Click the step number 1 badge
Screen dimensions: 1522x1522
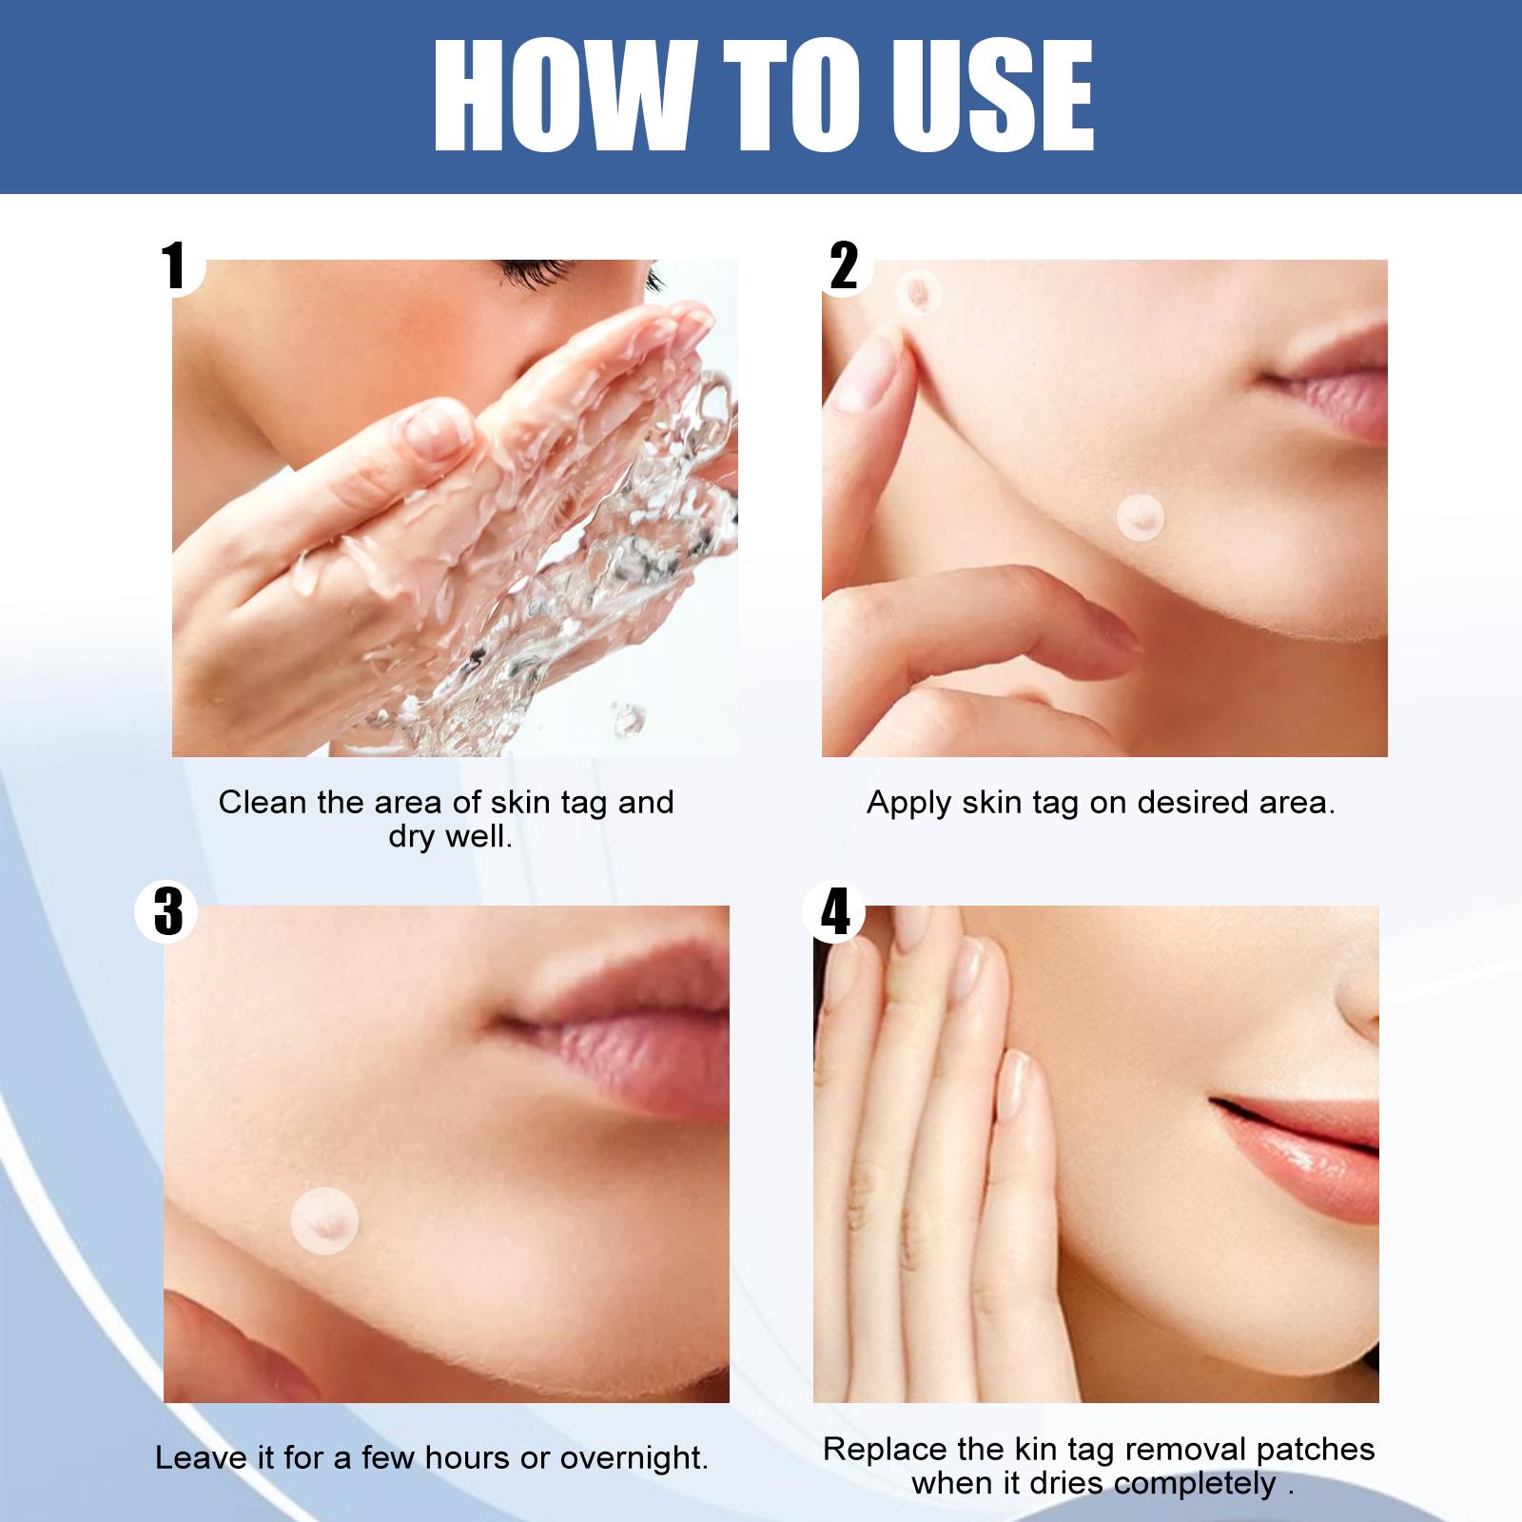tap(174, 265)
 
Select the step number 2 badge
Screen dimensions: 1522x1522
tap(843, 265)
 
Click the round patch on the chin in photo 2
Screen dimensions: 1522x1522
tap(1140, 517)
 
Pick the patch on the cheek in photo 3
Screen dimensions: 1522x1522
tap(324, 1221)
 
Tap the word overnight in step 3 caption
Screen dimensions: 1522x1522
tap(634, 1458)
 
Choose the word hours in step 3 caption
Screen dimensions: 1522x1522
tap(468, 1458)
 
